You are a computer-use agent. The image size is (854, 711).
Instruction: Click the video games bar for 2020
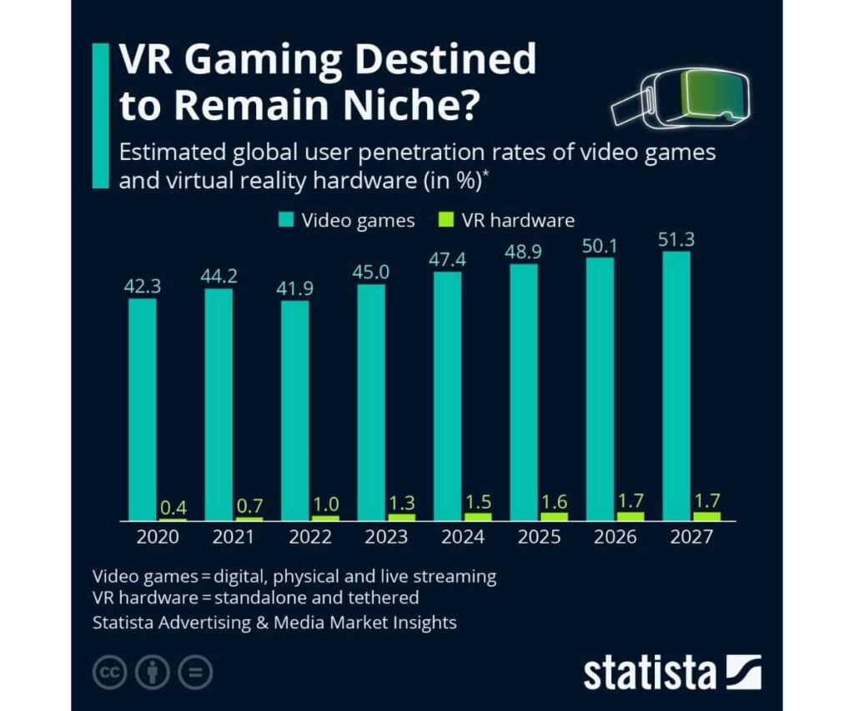pos(143,408)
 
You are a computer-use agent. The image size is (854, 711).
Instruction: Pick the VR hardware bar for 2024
pos(478,516)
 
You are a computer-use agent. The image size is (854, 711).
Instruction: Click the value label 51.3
pos(676,240)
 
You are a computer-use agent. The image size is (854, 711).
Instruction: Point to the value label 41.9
pos(295,288)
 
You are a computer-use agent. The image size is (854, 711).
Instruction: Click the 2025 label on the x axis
pos(539,537)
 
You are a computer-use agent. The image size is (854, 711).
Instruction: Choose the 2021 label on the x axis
pos(234,537)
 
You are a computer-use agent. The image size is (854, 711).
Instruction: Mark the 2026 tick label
pos(615,537)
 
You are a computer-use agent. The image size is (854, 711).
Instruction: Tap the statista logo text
pos(650,672)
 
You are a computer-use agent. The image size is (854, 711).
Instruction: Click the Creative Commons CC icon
pos(109,673)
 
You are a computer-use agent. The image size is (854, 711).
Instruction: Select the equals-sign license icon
pos(196,673)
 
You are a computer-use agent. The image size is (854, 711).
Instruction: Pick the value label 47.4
pos(448,259)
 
